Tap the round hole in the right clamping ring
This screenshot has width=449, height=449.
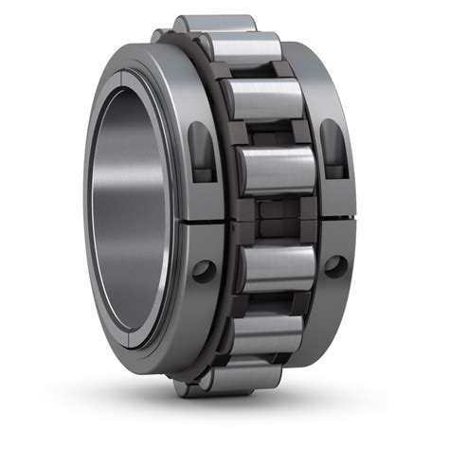pyautogui.click(x=333, y=265)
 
